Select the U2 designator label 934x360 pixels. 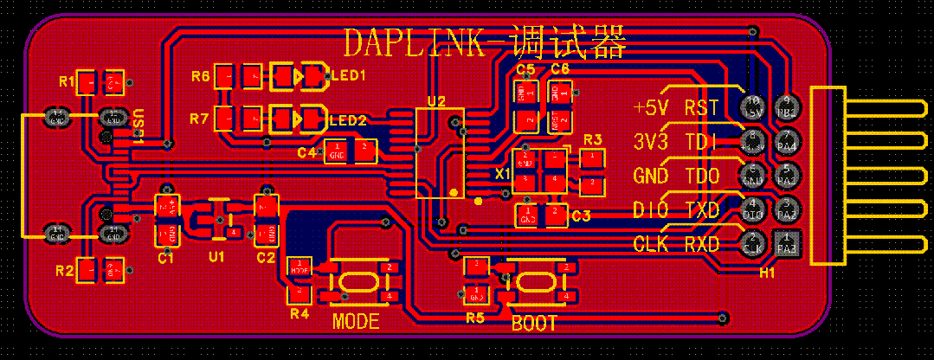point(435,102)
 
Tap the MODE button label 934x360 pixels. point(356,322)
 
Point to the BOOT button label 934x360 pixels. point(534,325)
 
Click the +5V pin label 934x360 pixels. point(651,108)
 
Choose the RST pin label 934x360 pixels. point(701,108)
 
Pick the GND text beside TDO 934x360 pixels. point(651,176)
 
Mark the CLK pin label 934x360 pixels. point(651,244)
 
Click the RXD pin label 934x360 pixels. point(701,244)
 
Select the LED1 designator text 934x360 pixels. point(349,76)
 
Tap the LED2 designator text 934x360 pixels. point(349,119)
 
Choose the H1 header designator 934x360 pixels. point(767,273)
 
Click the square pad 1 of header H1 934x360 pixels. point(787,243)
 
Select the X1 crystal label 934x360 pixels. point(503,174)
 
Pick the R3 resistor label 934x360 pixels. point(593,139)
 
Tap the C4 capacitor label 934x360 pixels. point(306,153)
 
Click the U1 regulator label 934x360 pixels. point(216,257)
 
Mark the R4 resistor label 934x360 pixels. point(299,313)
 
